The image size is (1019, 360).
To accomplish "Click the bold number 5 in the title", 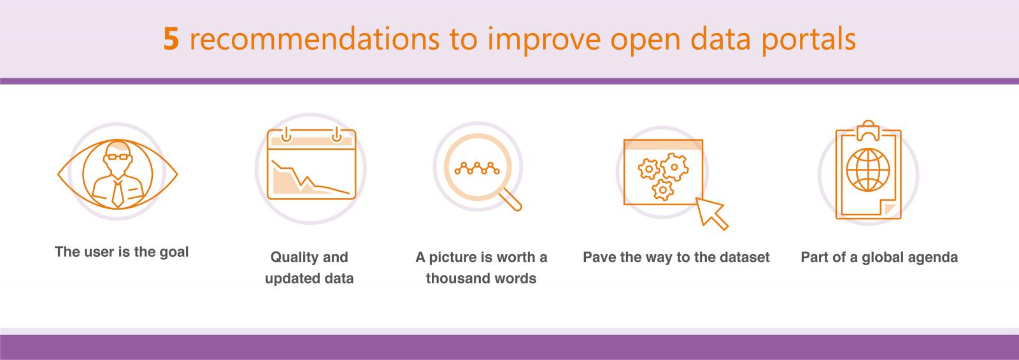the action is (x=171, y=39).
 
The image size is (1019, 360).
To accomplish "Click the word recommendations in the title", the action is (x=315, y=38).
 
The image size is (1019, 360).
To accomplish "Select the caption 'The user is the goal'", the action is (x=122, y=252).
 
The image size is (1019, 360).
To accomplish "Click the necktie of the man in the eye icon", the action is (x=117, y=194).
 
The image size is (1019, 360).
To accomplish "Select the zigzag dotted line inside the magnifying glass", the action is (x=477, y=168).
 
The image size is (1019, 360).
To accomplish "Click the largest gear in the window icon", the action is (x=674, y=167).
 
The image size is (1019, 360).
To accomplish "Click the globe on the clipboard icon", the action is (x=868, y=169).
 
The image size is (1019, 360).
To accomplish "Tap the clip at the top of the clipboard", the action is (x=869, y=131).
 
